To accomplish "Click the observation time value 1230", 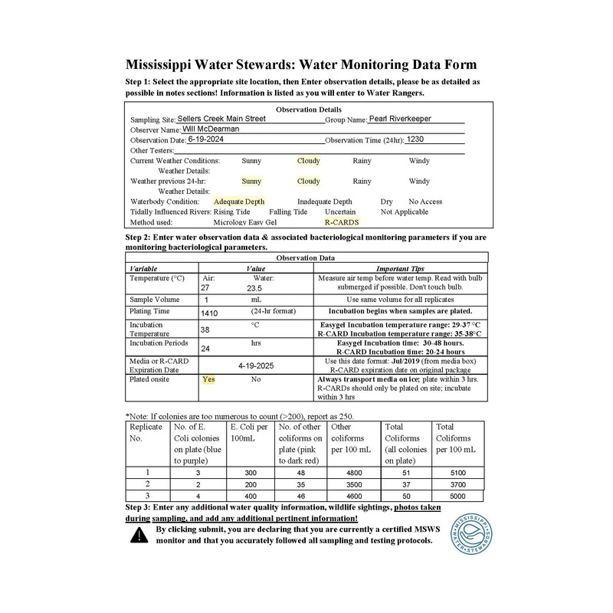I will (x=415, y=140).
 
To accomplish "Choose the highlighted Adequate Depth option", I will (x=239, y=202).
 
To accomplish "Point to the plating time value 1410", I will (x=209, y=313).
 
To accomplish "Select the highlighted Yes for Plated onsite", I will (x=208, y=379).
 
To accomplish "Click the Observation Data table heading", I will (x=306, y=258).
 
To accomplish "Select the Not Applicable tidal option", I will (x=405, y=211).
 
